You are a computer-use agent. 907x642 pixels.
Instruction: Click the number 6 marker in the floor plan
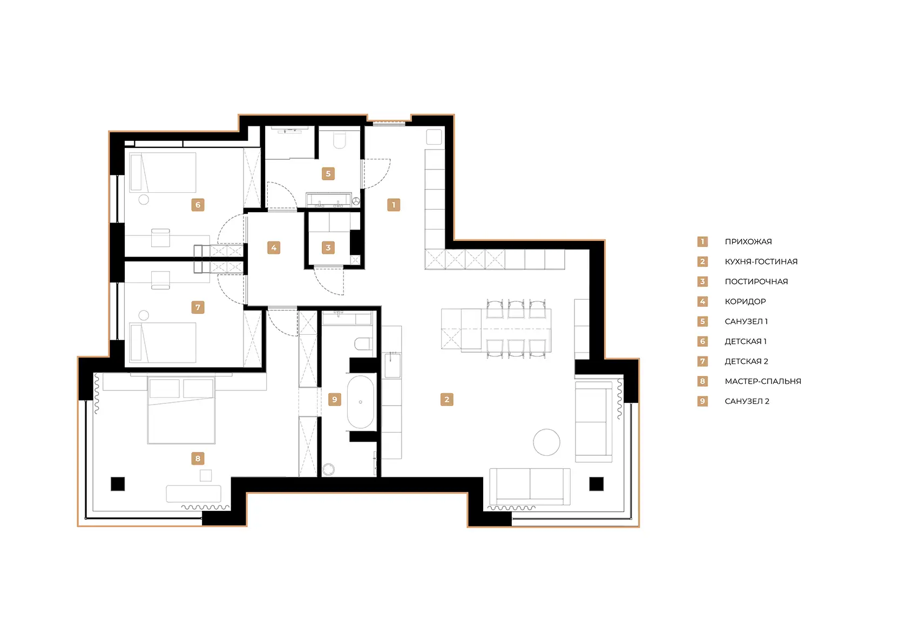[x=198, y=205]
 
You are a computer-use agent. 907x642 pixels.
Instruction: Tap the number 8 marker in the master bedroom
[x=198, y=458]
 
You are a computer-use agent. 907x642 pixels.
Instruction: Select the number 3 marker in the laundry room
[x=328, y=247]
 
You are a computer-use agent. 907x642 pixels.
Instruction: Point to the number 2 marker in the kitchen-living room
[x=446, y=400]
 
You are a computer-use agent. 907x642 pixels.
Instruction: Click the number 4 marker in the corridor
[x=274, y=247]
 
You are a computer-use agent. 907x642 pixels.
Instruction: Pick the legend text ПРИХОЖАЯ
[x=748, y=242]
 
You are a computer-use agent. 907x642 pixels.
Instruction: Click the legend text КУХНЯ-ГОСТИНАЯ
[x=761, y=262]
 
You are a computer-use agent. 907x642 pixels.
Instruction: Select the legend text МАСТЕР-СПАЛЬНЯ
[x=762, y=381]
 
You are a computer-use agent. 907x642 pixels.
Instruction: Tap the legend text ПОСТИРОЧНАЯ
[x=756, y=281]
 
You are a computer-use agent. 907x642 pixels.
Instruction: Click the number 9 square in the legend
[x=702, y=401]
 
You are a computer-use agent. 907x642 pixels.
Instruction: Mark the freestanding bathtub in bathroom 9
[x=361, y=402]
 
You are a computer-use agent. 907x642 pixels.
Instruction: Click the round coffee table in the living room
[x=546, y=442]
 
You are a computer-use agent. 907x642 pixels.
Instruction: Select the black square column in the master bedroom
[x=118, y=484]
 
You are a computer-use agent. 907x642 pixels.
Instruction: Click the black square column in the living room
[x=596, y=484]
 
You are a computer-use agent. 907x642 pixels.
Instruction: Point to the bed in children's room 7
[x=163, y=343]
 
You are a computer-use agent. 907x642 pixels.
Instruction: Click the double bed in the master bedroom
[x=181, y=410]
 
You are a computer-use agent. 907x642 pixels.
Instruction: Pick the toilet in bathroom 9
[x=363, y=344]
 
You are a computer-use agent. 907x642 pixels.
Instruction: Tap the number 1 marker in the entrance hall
[x=394, y=205]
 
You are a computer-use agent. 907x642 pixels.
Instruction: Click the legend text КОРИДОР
[x=745, y=301]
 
